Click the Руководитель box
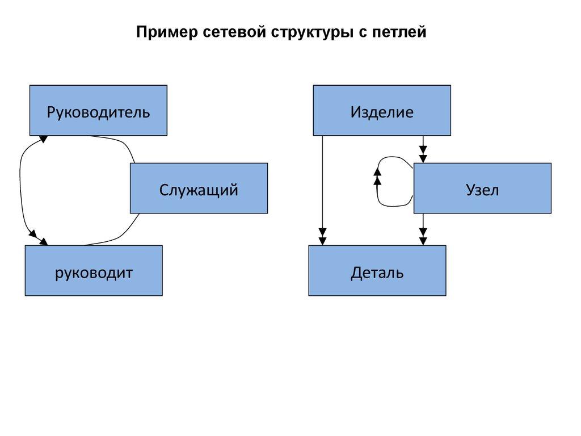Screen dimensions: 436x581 pyautogui.click(x=98, y=111)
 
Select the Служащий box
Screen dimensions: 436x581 pyautogui.click(x=199, y=188)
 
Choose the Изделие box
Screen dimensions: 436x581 pyautogui.click(x=382, y=111)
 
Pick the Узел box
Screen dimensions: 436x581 pyautogui.click(x=482, y=188)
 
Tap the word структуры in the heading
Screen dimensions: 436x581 pyautogui.click(x=304, y=33)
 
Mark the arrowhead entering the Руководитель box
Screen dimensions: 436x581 pyautogui.click(x=43, y=139)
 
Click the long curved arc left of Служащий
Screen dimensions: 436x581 pyautogui.click(x=21, y=187)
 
